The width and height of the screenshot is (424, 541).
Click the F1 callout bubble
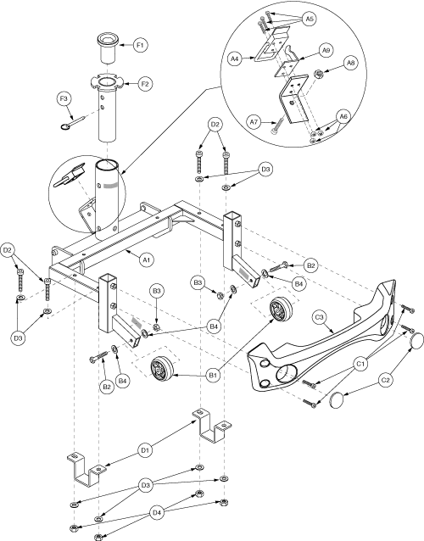coord(141,45)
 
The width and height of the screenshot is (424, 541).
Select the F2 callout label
coord(145,84)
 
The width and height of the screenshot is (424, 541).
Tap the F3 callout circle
coord(64,99)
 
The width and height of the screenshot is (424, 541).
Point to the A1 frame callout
coord(146,259)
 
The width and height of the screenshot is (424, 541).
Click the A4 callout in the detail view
coord(234,59)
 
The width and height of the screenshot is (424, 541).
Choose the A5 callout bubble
coord(310,19)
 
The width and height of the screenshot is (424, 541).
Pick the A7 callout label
coord(254,122)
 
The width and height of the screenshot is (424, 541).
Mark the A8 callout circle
coord(350,63)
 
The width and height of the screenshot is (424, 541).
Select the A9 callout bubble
coord(326,50)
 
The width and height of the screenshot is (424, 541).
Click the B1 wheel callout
coord(213,375)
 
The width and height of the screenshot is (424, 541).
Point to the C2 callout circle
coord(385,380)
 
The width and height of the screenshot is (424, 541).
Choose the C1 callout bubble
coord(360,364)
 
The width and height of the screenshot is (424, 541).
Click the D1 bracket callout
coord(145,450)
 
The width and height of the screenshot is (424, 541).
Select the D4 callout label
coord(157,513)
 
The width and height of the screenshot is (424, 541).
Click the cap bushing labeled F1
coord(108,47)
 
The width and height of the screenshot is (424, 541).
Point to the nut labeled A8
coord(318,73)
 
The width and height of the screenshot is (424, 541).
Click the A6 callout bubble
coord(343,117)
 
